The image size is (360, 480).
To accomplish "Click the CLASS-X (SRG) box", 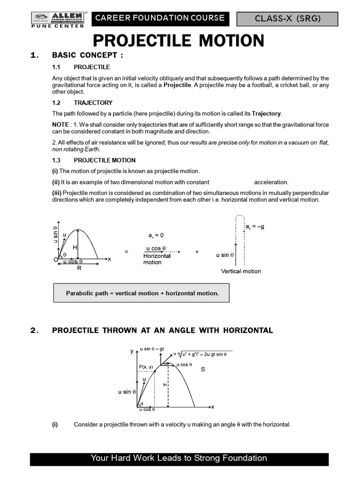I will [x=287, y=19].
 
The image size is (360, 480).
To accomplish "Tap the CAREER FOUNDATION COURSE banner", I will [x=160, y=18].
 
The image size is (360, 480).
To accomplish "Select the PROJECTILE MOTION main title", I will [x=179, y=41].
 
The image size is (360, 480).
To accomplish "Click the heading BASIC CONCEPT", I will [x=88, y=56].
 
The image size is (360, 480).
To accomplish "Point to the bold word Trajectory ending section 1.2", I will [x=267, y=113].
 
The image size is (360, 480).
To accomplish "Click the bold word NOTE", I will [x=60, y=125].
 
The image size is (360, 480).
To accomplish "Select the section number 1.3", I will [x=57, y=160].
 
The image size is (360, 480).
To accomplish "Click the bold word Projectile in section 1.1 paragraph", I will [x=177, y=85].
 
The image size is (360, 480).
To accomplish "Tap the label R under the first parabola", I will [x=79, y=269].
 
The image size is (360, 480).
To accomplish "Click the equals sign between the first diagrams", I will [x=126, y=252].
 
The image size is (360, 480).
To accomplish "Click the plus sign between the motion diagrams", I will [x=197, y=252].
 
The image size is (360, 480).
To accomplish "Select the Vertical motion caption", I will [x=241, y=271].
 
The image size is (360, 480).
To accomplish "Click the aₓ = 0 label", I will [x=156, y=235].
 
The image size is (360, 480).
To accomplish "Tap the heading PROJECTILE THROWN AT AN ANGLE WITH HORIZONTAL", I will [x=162, y=330].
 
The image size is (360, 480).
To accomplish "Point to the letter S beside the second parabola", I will [x=203, y=369].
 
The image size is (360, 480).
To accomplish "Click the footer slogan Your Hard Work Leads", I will [x=179, y=458].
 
